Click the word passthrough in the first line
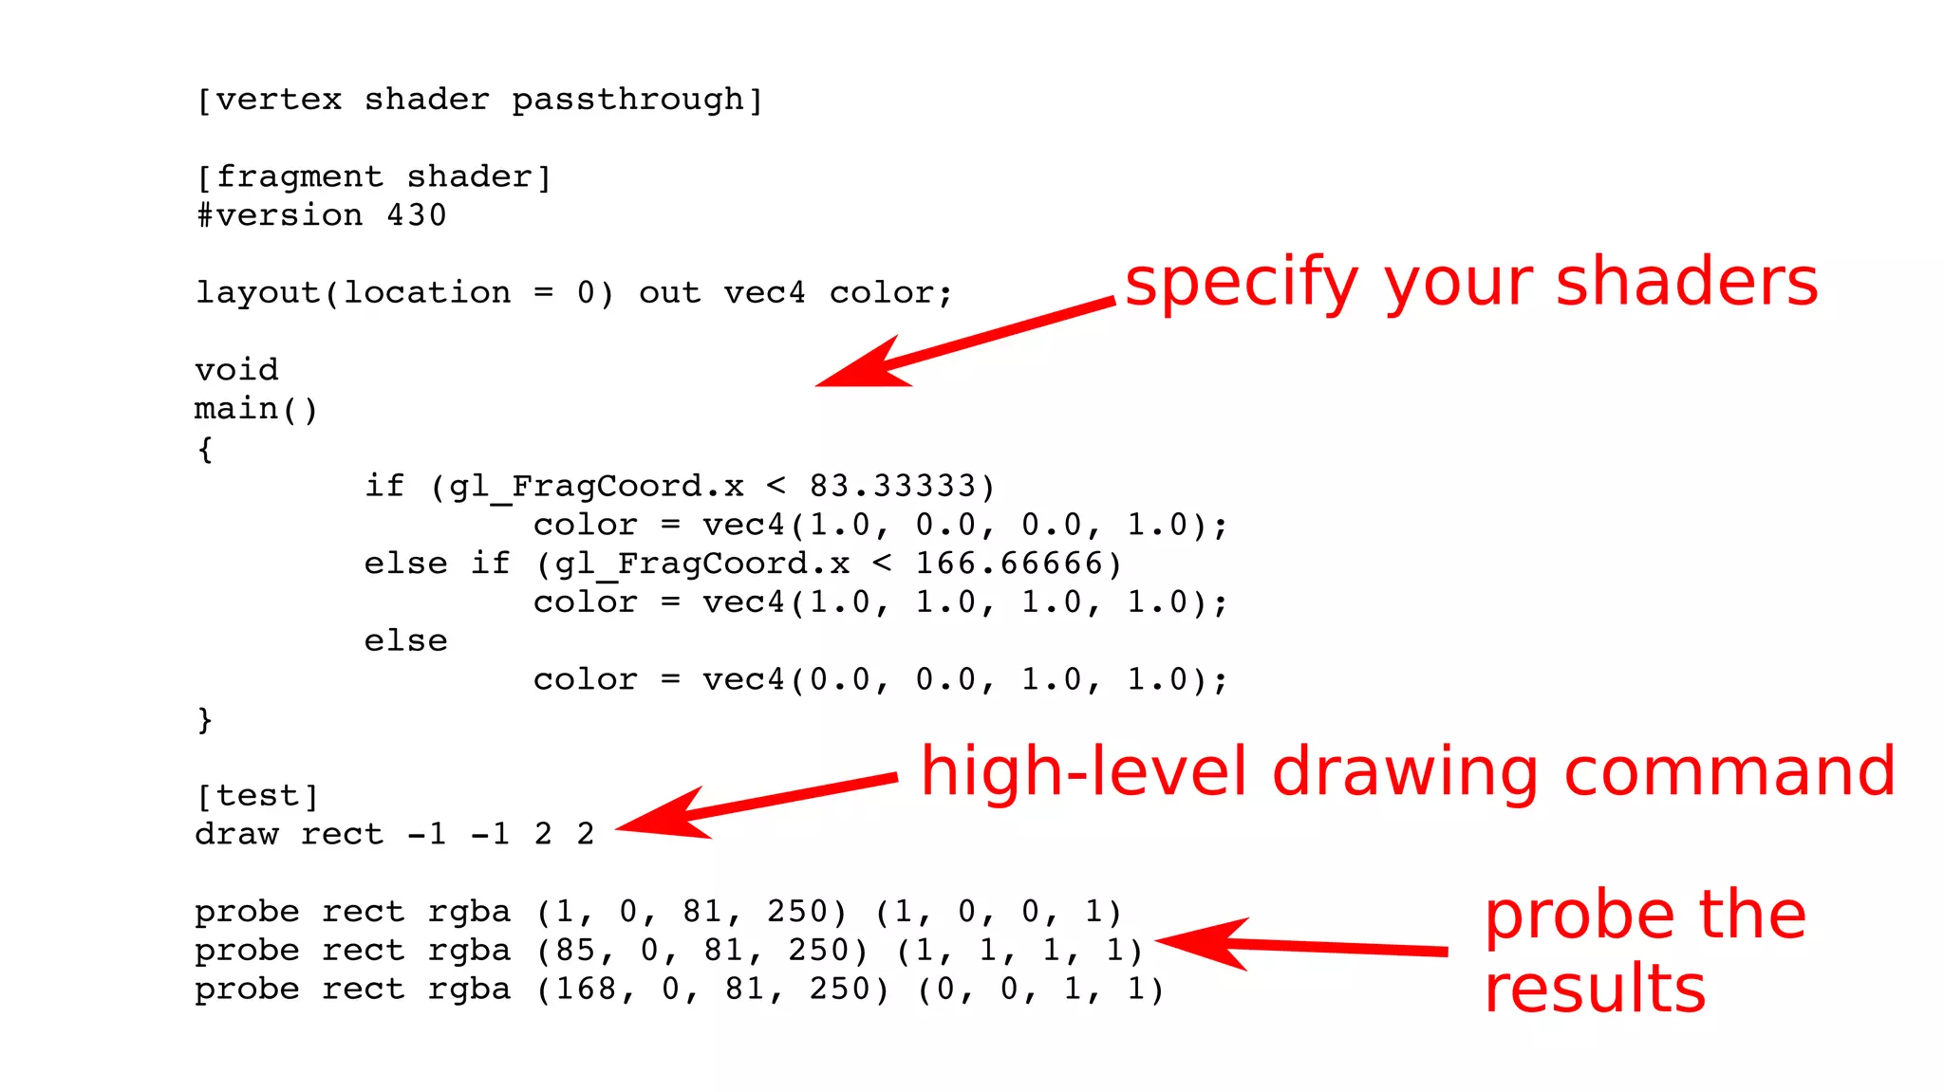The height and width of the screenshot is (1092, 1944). click(x=627, y=101)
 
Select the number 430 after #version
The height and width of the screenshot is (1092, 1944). click(x=416, y=216)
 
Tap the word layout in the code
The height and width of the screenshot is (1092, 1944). click(x=257, y=293)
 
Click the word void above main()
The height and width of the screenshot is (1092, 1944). click(x=236, y=370)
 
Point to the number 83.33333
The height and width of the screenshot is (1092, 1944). click(x=892, y=487)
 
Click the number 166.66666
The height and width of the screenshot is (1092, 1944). click(x=1008, y=565)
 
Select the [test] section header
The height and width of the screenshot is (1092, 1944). click(x=257, y=796)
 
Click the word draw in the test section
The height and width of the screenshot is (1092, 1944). click(x=236, y=835)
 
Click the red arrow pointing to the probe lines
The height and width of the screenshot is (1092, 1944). click(x=1300, y=944)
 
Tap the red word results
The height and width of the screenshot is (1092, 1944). click(x=1595, y=990)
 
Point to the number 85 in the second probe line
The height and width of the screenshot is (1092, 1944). click(x=575, y=951)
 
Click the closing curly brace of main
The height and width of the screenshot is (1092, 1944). click(x=205, y=719)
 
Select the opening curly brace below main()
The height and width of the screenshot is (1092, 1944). click(x=205, y=449)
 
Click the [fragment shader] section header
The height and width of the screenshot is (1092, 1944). click(x=373, y=177)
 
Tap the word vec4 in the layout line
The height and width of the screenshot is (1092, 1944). click(x=764, y=293)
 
